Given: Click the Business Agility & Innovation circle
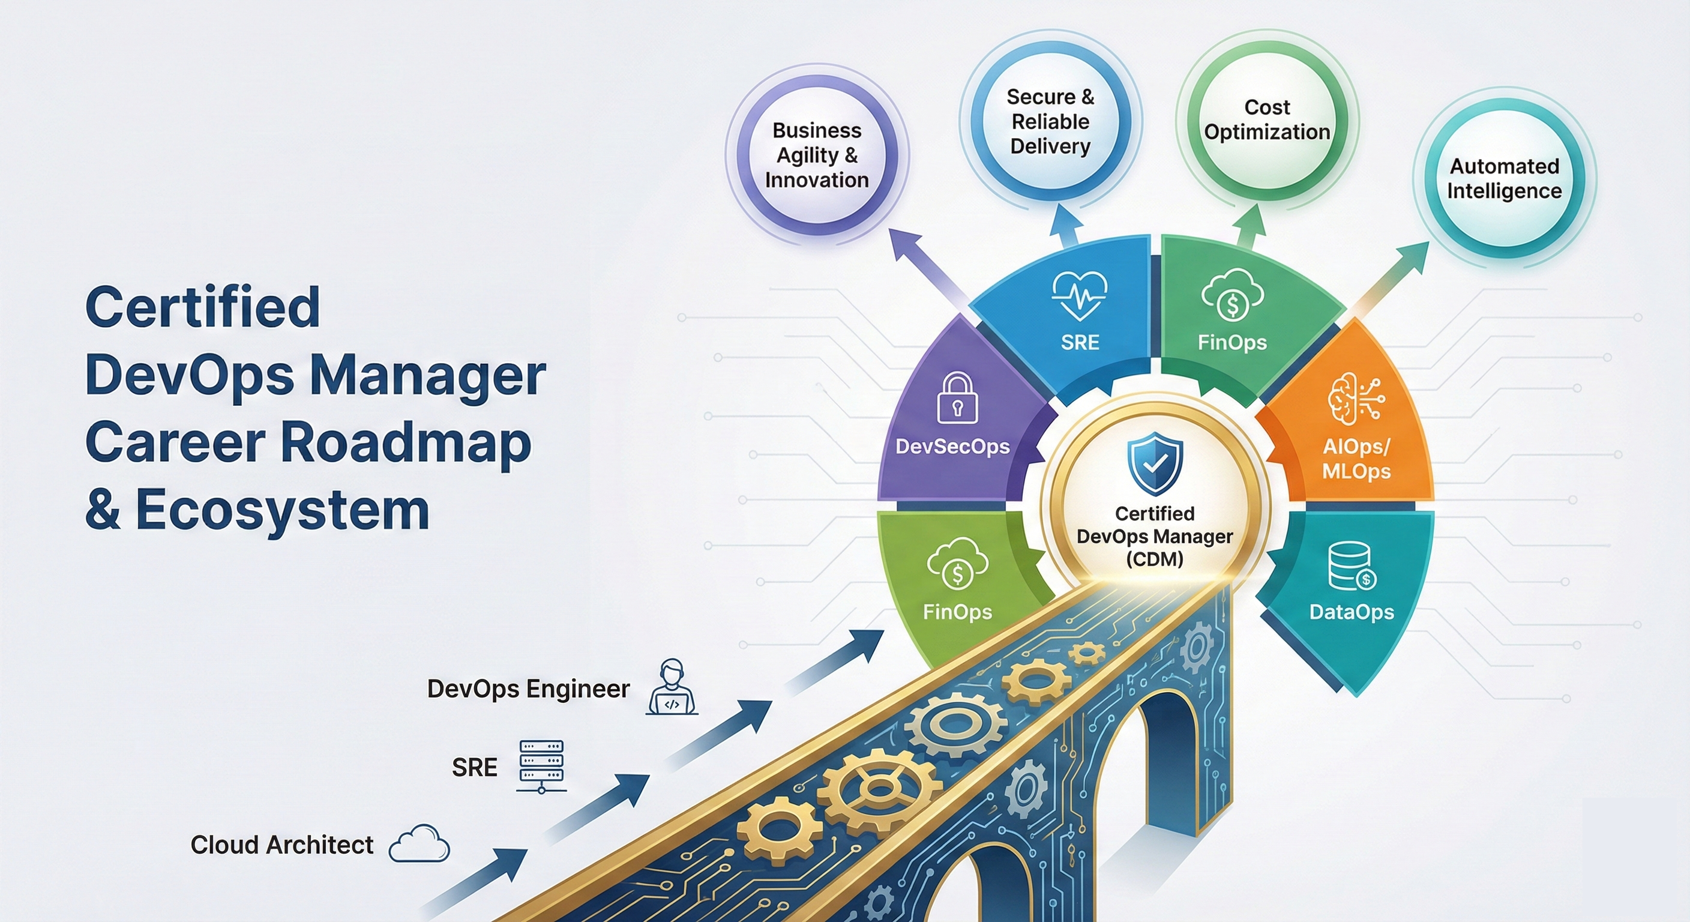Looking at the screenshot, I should click(817, 155).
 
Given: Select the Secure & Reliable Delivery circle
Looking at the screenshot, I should click(1050, 122).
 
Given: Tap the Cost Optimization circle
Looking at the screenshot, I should click(1267, 120).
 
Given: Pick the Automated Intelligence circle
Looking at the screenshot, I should click(1504, 178).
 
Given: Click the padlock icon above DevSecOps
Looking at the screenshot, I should click(957, 399).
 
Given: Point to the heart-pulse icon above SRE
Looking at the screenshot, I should click(1079, 296).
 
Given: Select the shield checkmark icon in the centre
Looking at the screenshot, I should click(1155, 463).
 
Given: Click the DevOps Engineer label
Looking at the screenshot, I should click(528, 689).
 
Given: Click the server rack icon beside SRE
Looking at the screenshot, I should click(541, 767).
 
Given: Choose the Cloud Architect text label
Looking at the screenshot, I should click(282, 845).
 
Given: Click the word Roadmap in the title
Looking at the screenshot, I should click(406, 442).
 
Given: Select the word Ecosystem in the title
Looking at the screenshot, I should click(282, 511).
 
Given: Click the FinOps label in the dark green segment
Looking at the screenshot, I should click(1232, 342).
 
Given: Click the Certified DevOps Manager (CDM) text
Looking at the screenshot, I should click(1155, 536).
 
